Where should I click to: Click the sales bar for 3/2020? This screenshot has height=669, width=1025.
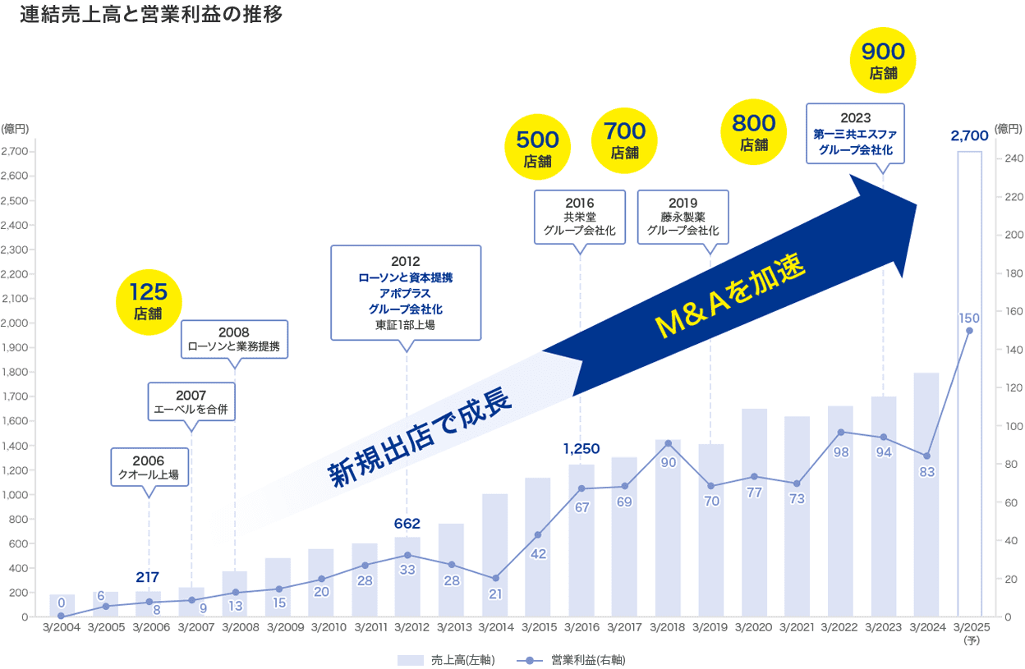pos(754,513)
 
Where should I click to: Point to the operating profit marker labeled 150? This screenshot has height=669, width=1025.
pos(969,331)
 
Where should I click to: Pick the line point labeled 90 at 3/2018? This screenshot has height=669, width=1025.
pos(668,443)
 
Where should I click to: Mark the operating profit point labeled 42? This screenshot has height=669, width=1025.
pos(538,535)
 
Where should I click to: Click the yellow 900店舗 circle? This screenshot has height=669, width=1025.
pos(883,61)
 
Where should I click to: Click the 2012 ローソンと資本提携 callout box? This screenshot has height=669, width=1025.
pos(406,292)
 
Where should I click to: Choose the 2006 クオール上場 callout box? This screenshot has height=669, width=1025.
pos(149,467)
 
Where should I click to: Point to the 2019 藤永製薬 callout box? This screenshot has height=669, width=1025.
pos(683,217)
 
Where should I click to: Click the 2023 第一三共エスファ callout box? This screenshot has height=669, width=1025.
pos(855,133)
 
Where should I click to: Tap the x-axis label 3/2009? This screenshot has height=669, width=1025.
pos(278,628)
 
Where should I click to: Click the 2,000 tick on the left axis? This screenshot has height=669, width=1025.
pos(16,323)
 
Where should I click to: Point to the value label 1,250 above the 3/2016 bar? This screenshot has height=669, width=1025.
pos(581,448)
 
